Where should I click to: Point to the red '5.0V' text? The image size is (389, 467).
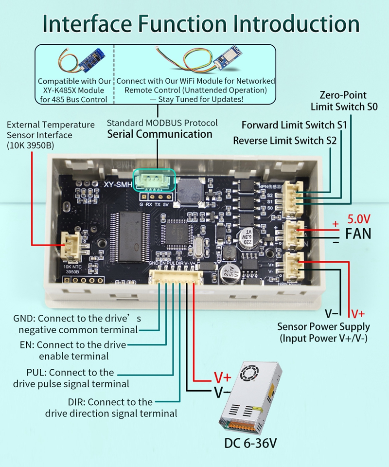pyautogui.click(x=359, y=219)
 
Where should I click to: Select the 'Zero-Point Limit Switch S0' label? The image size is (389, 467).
pyautogui.click(x=343, y=100)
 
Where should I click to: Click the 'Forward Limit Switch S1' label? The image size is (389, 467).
pyautogui.click(x=294, y=125)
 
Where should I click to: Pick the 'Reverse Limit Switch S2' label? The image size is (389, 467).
pyautogui.click(x=285, y=141)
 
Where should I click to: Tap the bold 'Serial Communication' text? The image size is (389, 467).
pyautogui.click(x=159, y=134)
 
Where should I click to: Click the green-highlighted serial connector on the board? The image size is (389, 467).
pyautogui.click(x=153, y=180)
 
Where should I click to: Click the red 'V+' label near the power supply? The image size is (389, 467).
pyautogui.click(x=222, y=377)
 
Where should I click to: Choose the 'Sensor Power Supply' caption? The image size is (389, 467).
pyautogui.click(x=323, y=326)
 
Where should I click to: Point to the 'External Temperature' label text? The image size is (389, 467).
pyautogui.click(x=51, y=125)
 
